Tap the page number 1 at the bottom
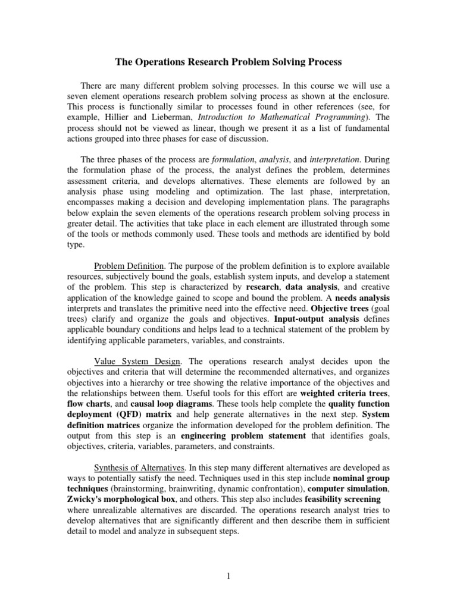[x=228, y=575]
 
